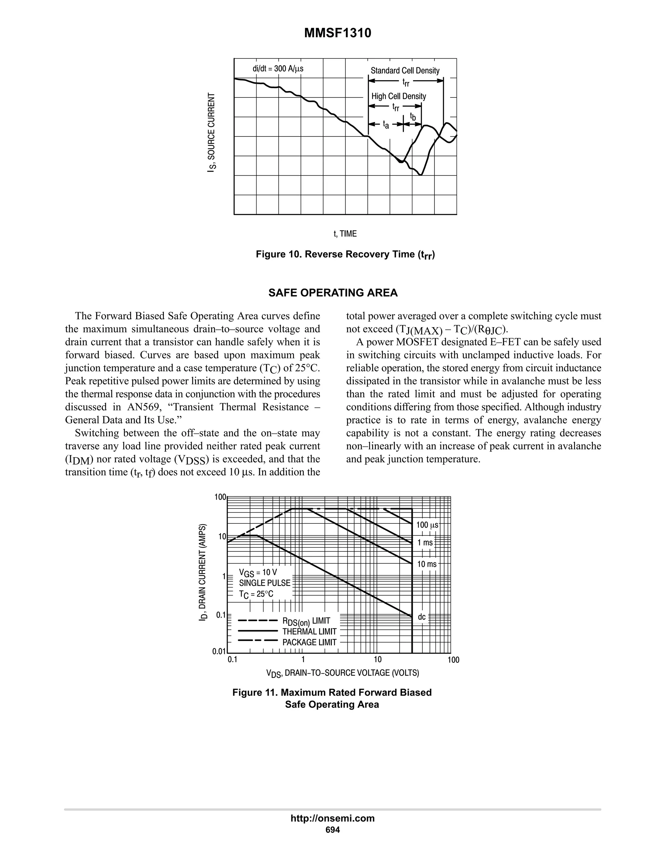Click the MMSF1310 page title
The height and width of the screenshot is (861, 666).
(337, 33)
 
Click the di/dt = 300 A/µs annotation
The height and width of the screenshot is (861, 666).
(278, 69)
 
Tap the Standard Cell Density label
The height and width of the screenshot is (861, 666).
(405, 71)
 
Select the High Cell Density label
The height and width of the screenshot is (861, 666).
(398, 96)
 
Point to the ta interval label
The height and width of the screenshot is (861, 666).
(386, 125)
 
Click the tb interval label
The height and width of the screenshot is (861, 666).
(413, 117)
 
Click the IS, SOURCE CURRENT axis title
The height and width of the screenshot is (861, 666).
(212, 133)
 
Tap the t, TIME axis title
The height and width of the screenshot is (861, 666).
(345, 234)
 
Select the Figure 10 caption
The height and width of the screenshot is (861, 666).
(345, 255)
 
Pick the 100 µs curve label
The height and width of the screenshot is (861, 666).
(427, 525)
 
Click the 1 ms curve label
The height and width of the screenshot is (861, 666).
(425, 543)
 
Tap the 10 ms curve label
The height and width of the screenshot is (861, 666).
(427, 564)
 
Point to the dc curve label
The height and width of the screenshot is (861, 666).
(422, 617)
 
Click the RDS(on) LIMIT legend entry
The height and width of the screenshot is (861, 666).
(306, 621)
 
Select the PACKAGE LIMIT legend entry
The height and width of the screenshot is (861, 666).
(309, 642)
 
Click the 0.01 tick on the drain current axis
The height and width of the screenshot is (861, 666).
(219, 651)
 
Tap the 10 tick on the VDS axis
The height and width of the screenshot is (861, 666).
(377, 660)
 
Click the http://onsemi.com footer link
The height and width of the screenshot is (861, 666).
(333, 818)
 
